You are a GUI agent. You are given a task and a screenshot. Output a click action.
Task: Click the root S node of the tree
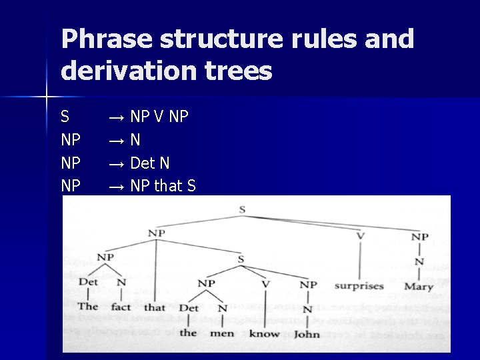tap(242, 209)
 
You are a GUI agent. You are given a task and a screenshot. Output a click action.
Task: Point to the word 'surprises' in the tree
tap(359, 286)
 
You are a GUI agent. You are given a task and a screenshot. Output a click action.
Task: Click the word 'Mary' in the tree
tap(419, 287)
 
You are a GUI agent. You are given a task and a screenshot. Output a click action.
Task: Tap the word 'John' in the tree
tap(307, 333)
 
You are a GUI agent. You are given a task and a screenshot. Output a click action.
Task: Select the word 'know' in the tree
tap(264, 333)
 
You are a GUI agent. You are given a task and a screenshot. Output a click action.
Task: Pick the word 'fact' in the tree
tap(121, 307)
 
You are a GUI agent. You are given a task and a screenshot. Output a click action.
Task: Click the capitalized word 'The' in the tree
tap(88, 307)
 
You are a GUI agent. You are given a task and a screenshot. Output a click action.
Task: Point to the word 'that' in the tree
tap(154, 307)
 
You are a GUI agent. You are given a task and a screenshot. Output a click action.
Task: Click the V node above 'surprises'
tap(360, 235)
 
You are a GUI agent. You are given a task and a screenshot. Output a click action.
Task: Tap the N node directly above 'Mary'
tap(419, 261)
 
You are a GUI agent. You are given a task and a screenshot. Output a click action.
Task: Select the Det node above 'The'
tap(88, 282)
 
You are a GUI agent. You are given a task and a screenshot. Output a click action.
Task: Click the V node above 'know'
tap(265, 284)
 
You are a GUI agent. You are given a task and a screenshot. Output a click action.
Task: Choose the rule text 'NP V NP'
tap(159, 117)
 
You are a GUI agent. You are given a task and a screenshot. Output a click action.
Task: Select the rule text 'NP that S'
tap(163, 186)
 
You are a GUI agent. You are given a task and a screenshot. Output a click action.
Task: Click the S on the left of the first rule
tap(65, 117)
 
